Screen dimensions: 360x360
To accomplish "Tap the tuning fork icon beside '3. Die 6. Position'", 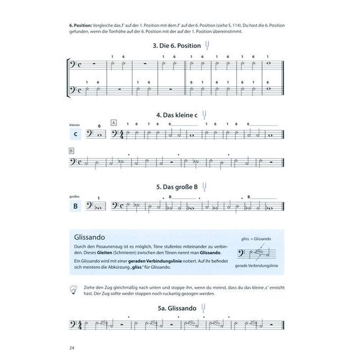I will (207, 44).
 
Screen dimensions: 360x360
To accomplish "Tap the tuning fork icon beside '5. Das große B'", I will (206, 186).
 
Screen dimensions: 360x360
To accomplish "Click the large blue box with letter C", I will (76, 134).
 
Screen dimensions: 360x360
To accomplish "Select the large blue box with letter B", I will (76, 207).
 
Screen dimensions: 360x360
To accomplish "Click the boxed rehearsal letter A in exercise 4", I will (113, 122).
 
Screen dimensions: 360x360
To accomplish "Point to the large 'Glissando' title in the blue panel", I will (91, 236).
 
